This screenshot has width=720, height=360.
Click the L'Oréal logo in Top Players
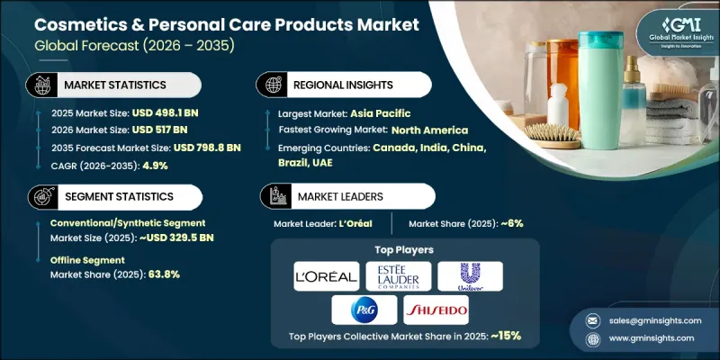326,276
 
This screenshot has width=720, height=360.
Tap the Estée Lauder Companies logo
398,276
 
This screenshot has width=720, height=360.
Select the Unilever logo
470,276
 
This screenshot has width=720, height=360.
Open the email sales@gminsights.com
649,319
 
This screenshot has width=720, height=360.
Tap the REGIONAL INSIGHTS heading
343,84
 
